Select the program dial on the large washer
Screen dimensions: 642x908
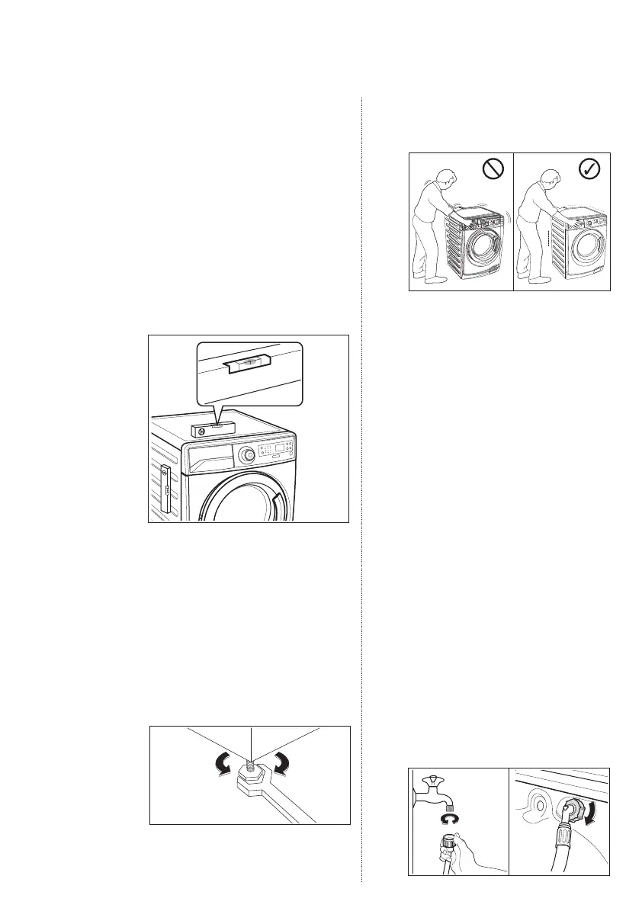click(246, 456)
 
